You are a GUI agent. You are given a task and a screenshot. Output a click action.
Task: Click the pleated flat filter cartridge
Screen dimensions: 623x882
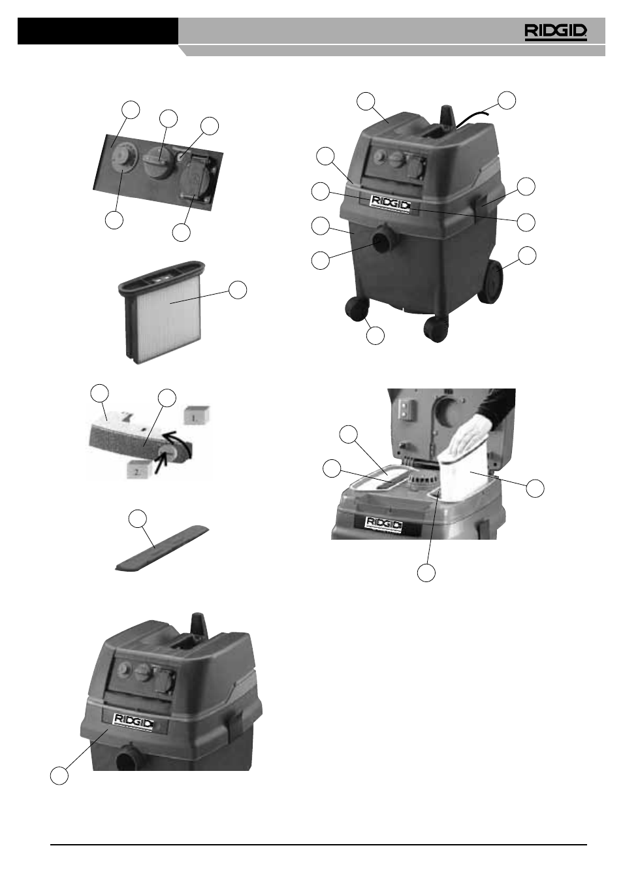(163, 311)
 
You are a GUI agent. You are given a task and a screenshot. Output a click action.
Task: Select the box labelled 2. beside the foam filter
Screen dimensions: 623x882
(139, 470)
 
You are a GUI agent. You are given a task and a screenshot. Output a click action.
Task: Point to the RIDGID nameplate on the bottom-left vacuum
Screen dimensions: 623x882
(133, 722)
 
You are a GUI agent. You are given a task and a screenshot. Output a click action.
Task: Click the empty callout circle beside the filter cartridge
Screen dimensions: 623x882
(238, 290)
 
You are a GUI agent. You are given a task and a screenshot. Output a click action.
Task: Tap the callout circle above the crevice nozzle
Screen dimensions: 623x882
(138, 519)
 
